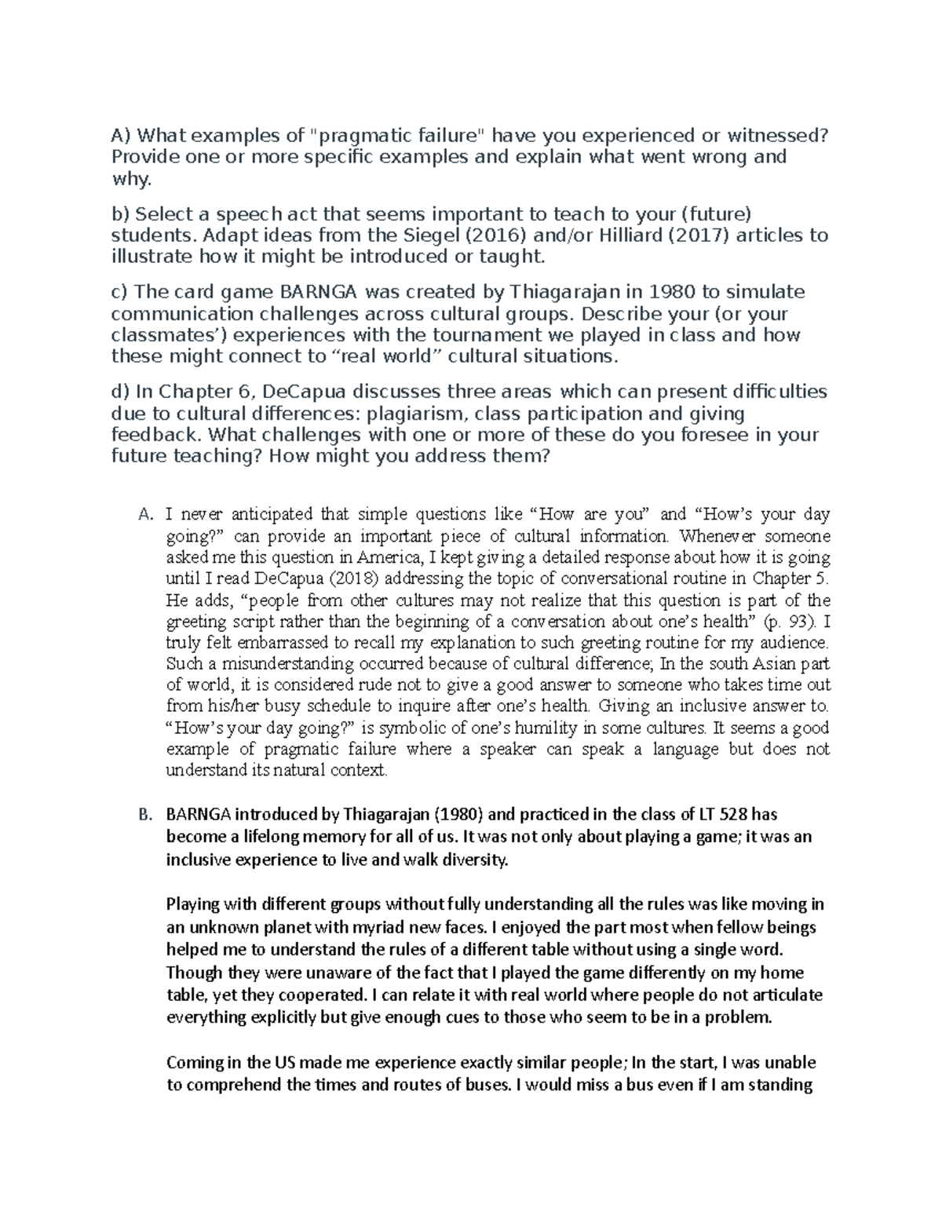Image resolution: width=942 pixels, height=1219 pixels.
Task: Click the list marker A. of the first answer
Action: click(x=144, y=515)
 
